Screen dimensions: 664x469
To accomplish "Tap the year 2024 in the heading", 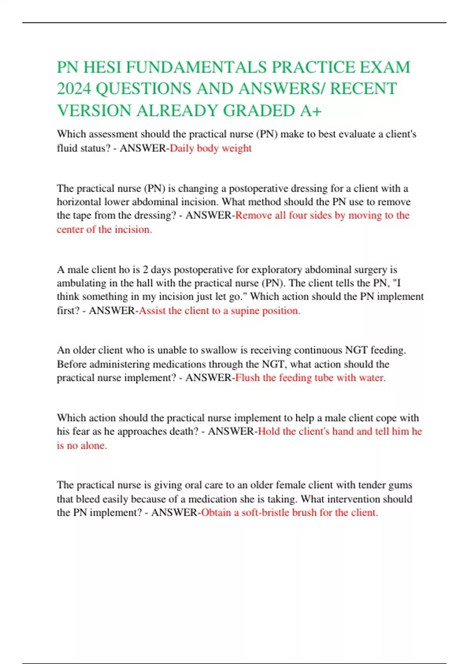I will [74, 89].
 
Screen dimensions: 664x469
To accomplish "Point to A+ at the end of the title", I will [311, 111].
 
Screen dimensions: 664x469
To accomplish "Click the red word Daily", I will [182, 148].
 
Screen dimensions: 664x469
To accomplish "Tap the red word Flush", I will [247, 378].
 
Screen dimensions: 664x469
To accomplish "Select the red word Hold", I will [269, 431].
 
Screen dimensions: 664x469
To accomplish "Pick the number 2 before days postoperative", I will [145, 270].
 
